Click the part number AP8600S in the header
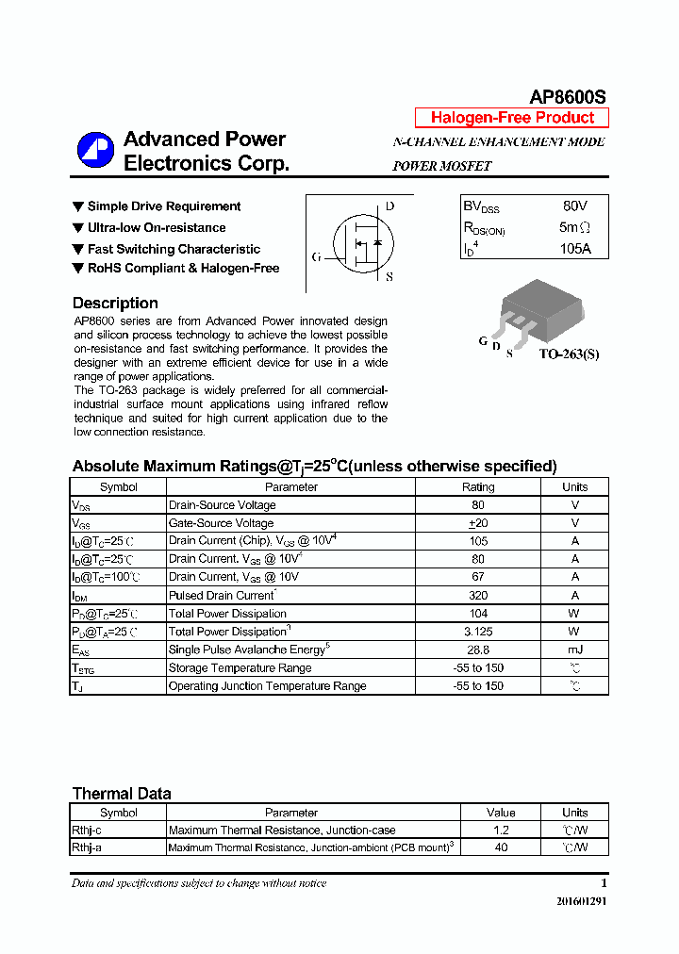click(568, 97)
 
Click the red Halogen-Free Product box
click(512, 118)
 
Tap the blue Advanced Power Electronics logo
click(95, 151)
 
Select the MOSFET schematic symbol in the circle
click(360, 242)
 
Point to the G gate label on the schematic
click(316, 256)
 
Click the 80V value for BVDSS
click(574, 206)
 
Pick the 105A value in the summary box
click(574, 249)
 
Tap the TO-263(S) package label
click(569, 354)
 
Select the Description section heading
click(115, 303)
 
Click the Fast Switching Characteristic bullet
click(174, 249)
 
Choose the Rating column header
click(477, 487)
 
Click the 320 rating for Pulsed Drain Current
click(477, 595)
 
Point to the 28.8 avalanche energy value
click(477, 650)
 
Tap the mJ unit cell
click(574, 650)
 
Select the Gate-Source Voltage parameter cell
click(221, 523)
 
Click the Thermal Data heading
click(122, 794)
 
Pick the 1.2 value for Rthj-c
click(501, 831)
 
